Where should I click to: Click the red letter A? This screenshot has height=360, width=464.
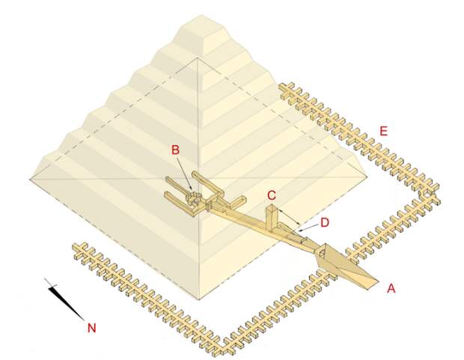coord(391,287)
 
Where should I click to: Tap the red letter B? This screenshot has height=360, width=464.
coord(175,150)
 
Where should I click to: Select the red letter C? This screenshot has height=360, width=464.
coord(272,195)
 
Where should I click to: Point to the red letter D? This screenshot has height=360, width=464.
coord(325,222)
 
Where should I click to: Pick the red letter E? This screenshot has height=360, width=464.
coord(383,131)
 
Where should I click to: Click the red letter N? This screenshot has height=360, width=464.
coord(92,328)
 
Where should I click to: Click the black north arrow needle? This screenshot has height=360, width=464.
coord(64,299)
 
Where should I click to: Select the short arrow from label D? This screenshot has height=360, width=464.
coord(309,227)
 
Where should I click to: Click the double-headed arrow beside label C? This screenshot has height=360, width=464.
coord(290,216)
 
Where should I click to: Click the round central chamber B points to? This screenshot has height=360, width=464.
coord(195,200)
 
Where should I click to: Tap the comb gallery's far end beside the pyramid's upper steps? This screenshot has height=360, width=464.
coord(286,89)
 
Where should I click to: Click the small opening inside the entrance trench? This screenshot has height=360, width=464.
coord(321,254)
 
